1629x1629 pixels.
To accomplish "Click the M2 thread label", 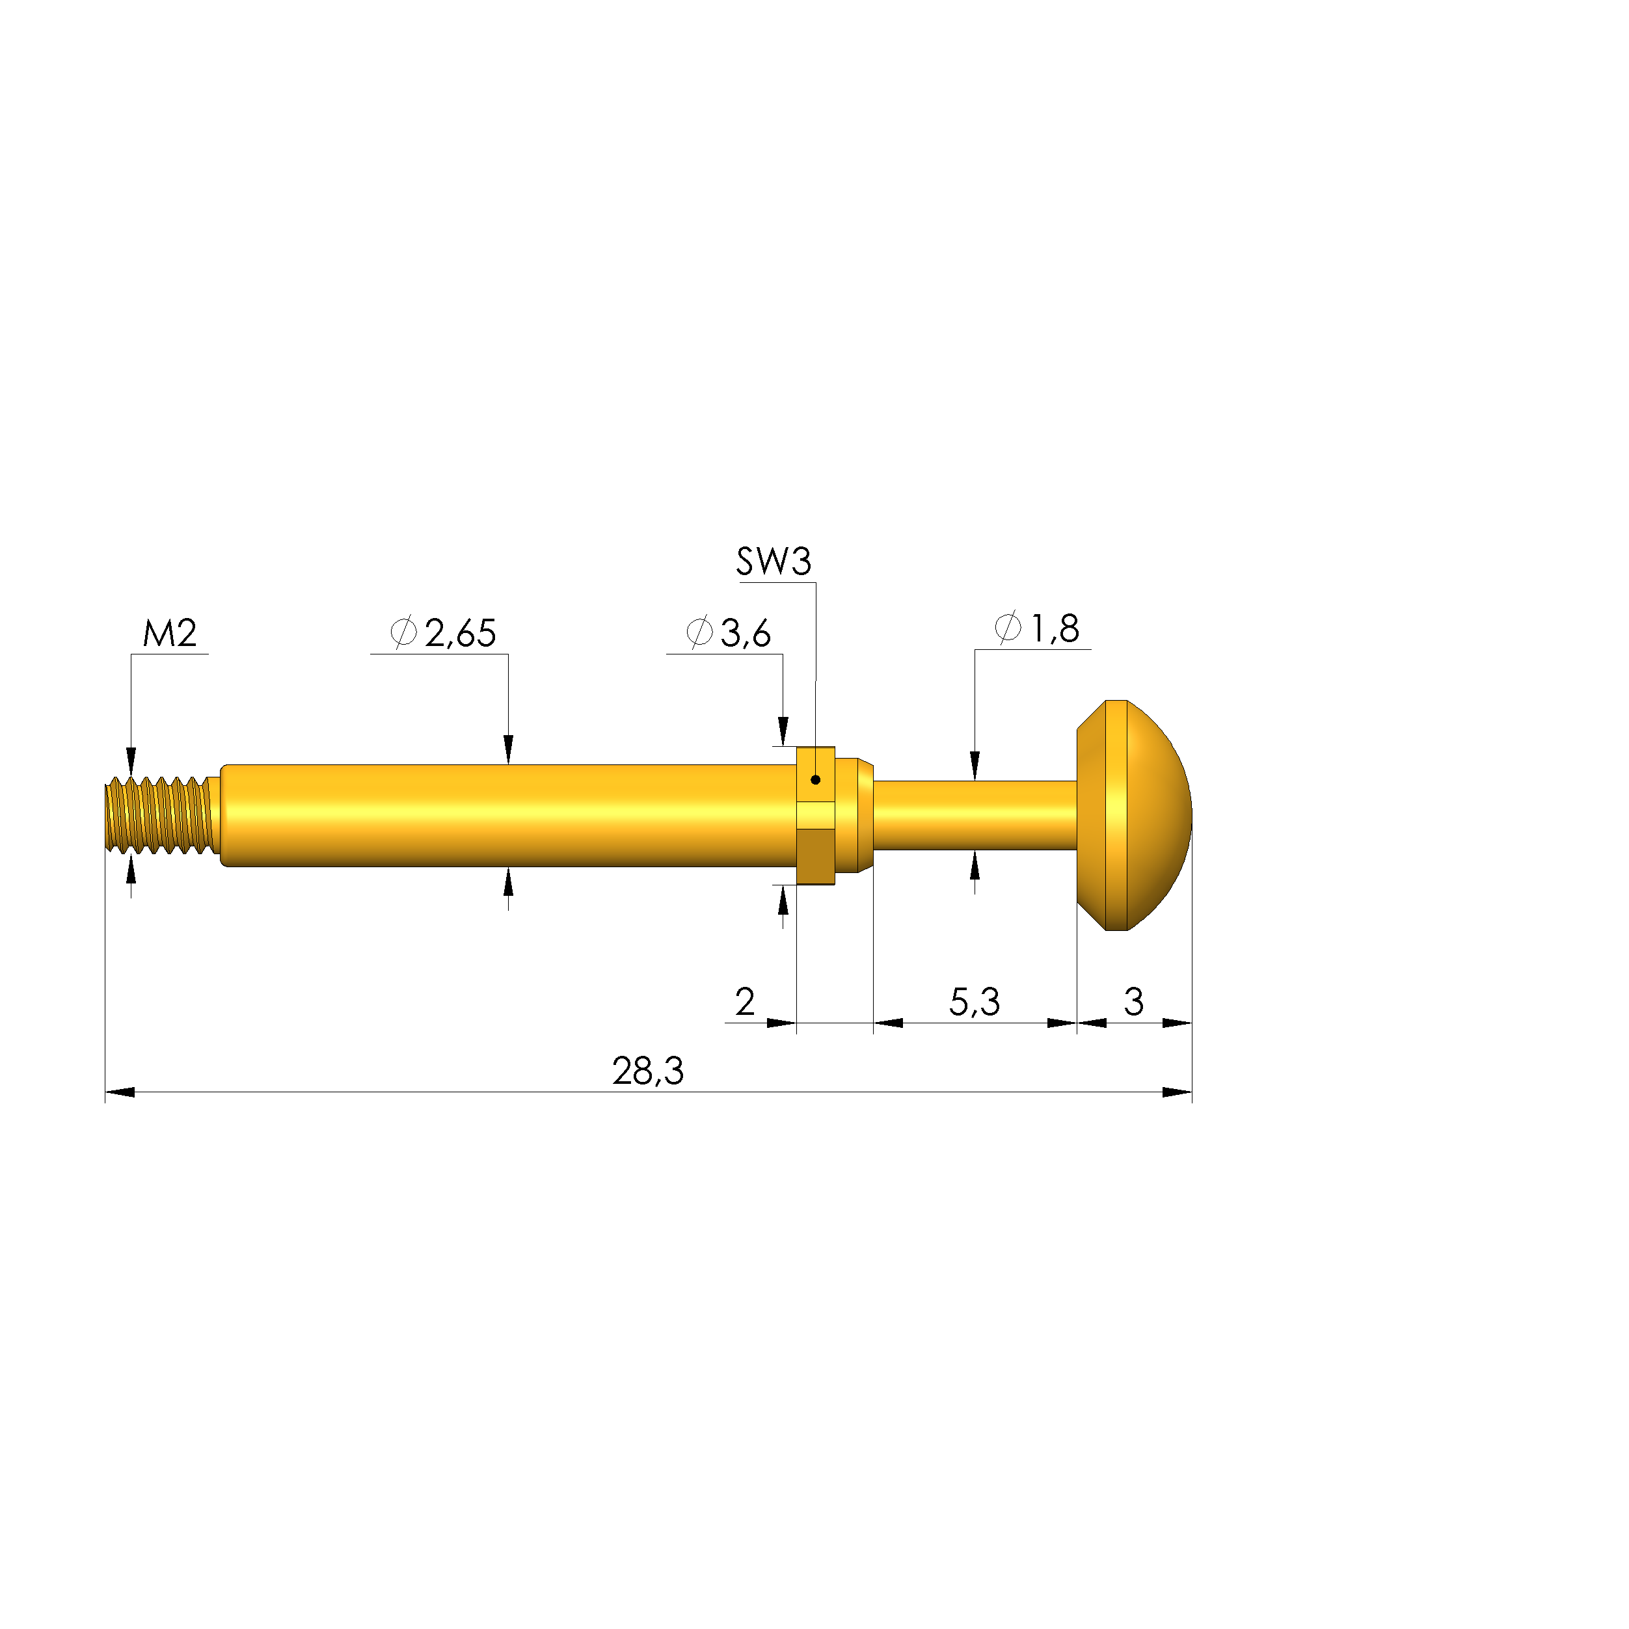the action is [x=170, y=633].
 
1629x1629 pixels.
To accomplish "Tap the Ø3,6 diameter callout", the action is [x=729, y=633].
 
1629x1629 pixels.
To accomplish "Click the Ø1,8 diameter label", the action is [x=1037, y=629].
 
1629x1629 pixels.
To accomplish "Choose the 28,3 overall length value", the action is [x=647, y=1071].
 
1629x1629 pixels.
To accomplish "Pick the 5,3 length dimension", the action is [x=975, y=1003].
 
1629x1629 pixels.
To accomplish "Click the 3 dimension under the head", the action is [x=1134, y=1002].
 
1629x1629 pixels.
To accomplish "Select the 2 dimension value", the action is [x=744, y=1002].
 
